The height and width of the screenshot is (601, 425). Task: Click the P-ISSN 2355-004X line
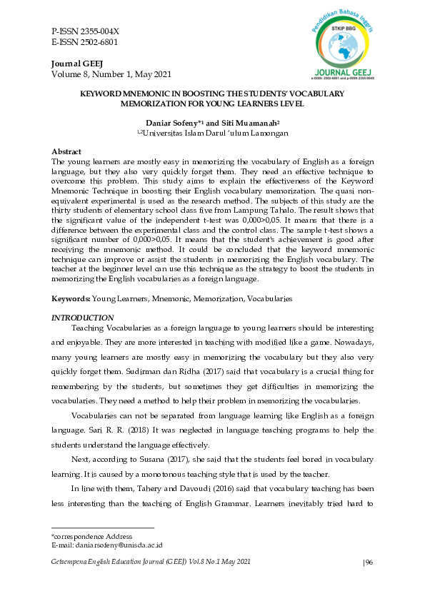(85, 31)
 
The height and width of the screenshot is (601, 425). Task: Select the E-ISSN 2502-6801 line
(85, 42)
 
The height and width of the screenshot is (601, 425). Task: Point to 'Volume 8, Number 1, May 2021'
(111, 74)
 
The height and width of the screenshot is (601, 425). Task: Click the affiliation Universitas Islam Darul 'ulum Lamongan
(214, 133)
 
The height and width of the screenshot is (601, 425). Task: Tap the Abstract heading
(66, 152)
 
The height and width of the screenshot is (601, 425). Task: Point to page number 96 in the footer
(370, 562)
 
